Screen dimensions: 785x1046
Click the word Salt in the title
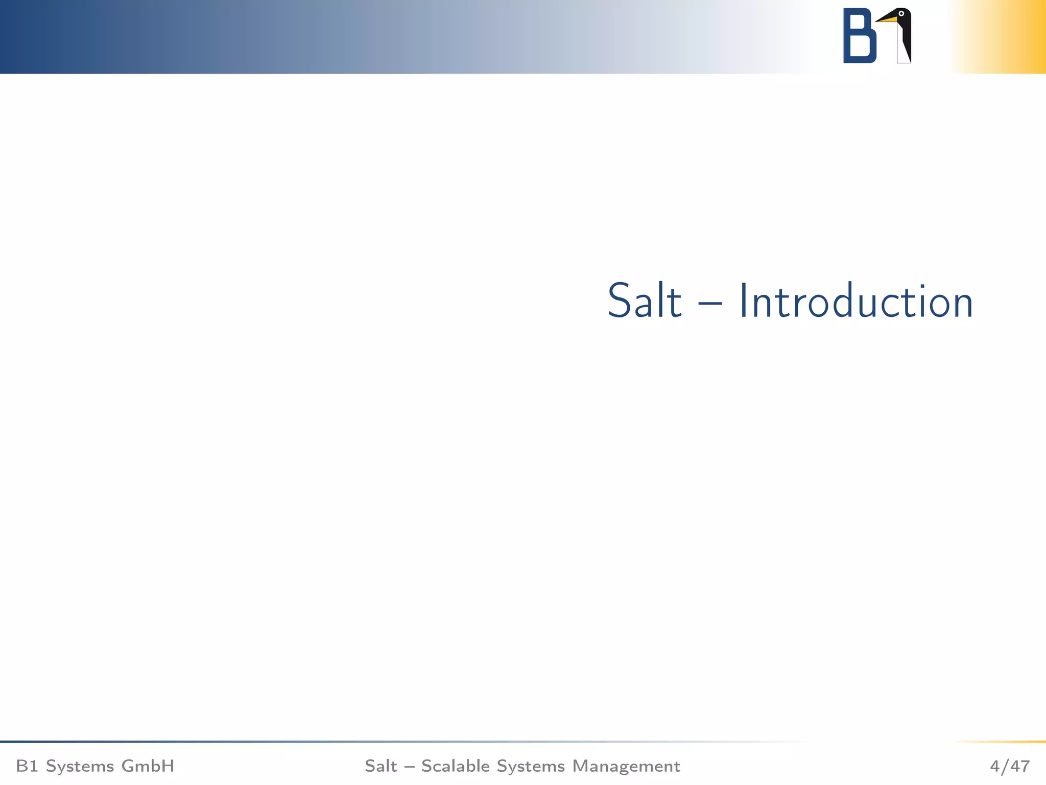(x=645, y=302)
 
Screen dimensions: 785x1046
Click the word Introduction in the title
(x=856, y=302)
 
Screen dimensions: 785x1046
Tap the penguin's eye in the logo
(x=901, y=14)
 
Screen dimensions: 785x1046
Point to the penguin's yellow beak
(x=888, y=20)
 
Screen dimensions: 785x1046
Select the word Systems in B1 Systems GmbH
(x=80, y=766)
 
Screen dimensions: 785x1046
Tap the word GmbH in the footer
(x=148, y=766)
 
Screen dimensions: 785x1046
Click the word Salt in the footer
(x=381, y=766)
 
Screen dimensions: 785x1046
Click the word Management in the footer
(x=626, y=766)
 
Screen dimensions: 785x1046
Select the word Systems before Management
(x=531, y=766)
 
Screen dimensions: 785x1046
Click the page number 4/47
(x=1010, y=766)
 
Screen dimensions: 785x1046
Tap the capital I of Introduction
(x=744, y=302)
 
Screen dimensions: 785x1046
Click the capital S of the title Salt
(x=618, y=302)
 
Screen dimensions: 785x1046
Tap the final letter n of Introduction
(x=960, y=306)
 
